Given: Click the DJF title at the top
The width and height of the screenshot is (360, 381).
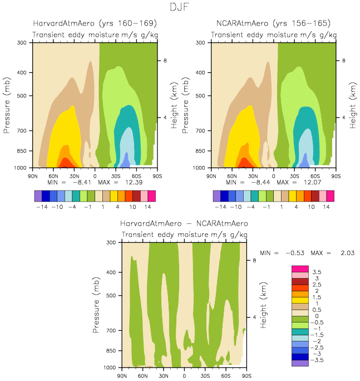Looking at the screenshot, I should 179,7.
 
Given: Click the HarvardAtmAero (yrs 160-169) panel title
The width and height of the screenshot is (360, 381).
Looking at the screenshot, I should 95,23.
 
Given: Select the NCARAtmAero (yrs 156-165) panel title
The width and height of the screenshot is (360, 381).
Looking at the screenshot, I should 273,23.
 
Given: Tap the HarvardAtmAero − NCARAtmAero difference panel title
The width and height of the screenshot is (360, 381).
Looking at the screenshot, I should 184,223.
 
